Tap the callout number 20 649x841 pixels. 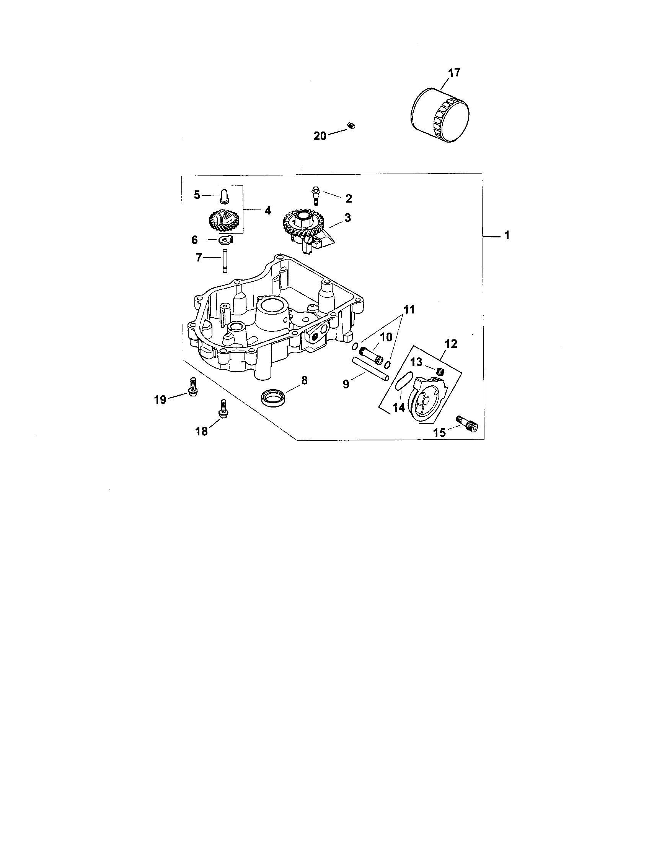tap(320, 136)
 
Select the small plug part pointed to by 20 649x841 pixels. tap(351, 125)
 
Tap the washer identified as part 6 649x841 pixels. tap(223, 241)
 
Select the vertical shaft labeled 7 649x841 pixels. tap(223, 262)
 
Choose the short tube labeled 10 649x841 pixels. tap(371, 354)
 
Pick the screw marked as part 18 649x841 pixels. tap(222, 408)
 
